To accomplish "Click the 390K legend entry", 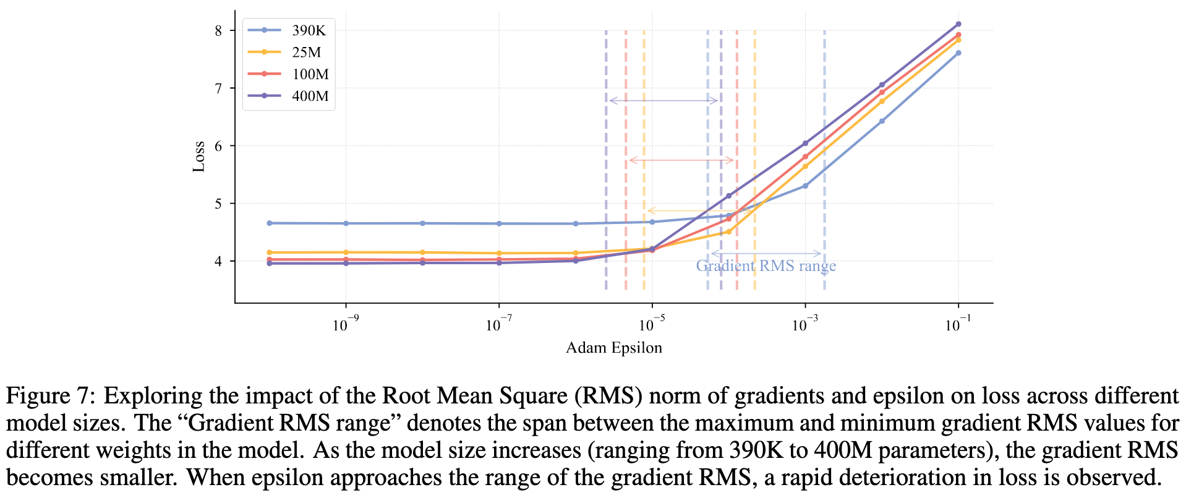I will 309,30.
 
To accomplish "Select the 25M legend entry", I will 306,53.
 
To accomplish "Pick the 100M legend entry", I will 310,74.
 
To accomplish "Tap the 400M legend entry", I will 310,97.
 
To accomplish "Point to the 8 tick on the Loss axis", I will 218,30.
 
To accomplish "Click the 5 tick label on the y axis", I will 218,204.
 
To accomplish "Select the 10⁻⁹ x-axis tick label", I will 345,324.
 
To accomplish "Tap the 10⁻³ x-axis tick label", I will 804,324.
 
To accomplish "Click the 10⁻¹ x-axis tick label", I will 958,324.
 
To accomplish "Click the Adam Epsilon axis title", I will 613,348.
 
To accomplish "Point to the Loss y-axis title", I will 198,157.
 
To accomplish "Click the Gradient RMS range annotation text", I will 766,266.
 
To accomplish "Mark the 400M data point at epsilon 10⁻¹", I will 958,24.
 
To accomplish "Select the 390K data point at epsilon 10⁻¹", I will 958,53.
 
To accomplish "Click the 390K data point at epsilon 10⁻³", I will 805,186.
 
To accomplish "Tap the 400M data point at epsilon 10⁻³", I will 805,143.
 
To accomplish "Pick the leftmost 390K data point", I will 269,223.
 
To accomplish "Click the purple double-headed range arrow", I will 663,100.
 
